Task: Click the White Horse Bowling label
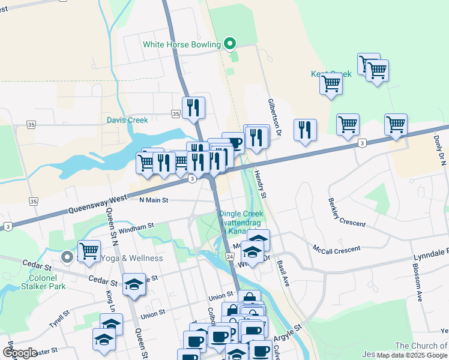click(182, 44)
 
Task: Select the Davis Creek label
click(127, 120)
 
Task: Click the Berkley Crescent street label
click(347, 212)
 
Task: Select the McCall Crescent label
click(336, 248)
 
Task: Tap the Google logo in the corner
click(20, 353)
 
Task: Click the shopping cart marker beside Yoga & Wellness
click(89, 250)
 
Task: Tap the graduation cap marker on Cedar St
click(134, 284)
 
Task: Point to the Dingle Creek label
click(241, 214)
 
